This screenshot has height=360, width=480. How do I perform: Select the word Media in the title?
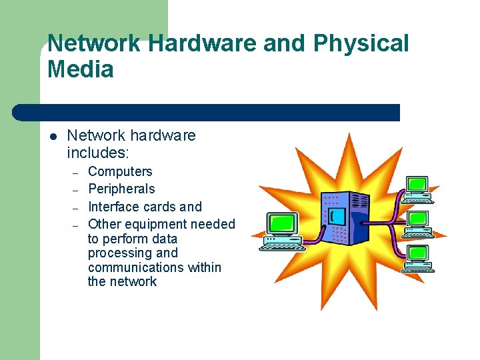coord(81,69)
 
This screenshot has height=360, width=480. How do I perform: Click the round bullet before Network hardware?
coord(53,137)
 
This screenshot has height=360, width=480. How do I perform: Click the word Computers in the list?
coord(120,172)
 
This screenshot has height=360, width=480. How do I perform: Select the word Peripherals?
coord(121,189)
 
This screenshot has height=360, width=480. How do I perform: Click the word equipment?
coord(153,225)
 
